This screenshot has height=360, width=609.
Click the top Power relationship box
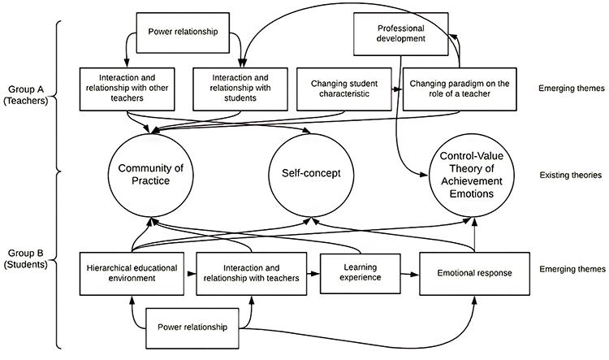[185, 34]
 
